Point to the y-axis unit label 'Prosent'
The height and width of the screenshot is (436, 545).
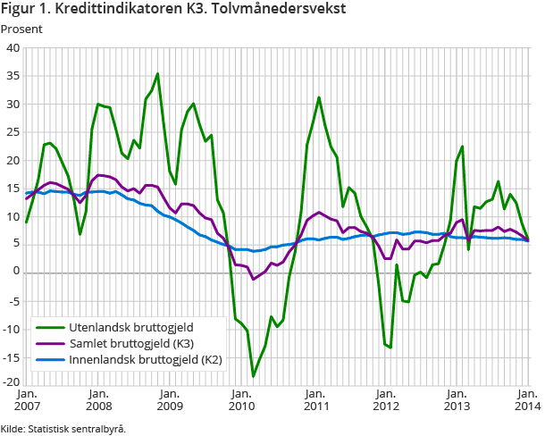(21, 29)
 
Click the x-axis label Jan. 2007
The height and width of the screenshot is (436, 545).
(27, 399)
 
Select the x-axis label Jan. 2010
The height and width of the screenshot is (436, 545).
(241, 399)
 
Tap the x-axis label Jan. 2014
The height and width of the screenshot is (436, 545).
(526, 399)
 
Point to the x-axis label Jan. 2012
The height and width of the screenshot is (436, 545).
(384, 399)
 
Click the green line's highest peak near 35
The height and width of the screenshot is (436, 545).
(157, 74)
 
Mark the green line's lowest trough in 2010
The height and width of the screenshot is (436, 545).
(253, 376)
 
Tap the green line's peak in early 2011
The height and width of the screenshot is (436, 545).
(319, 97)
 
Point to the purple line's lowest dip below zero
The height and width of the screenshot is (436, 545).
(253, 280)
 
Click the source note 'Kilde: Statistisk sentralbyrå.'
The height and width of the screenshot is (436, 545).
(63, 428)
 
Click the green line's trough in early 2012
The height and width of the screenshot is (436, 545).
(390, 348)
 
